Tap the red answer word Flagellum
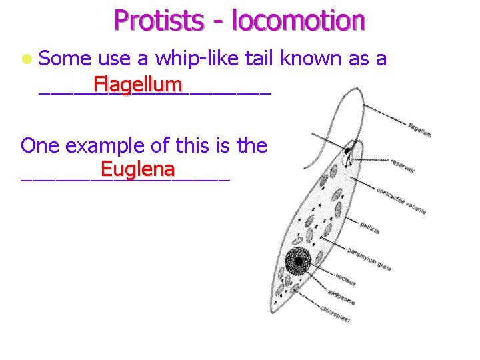click(x=138, y=85)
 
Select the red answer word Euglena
click(x=137, y=169)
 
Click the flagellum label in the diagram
click(x=419, y=129)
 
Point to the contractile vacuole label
click(x=401, y=200)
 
